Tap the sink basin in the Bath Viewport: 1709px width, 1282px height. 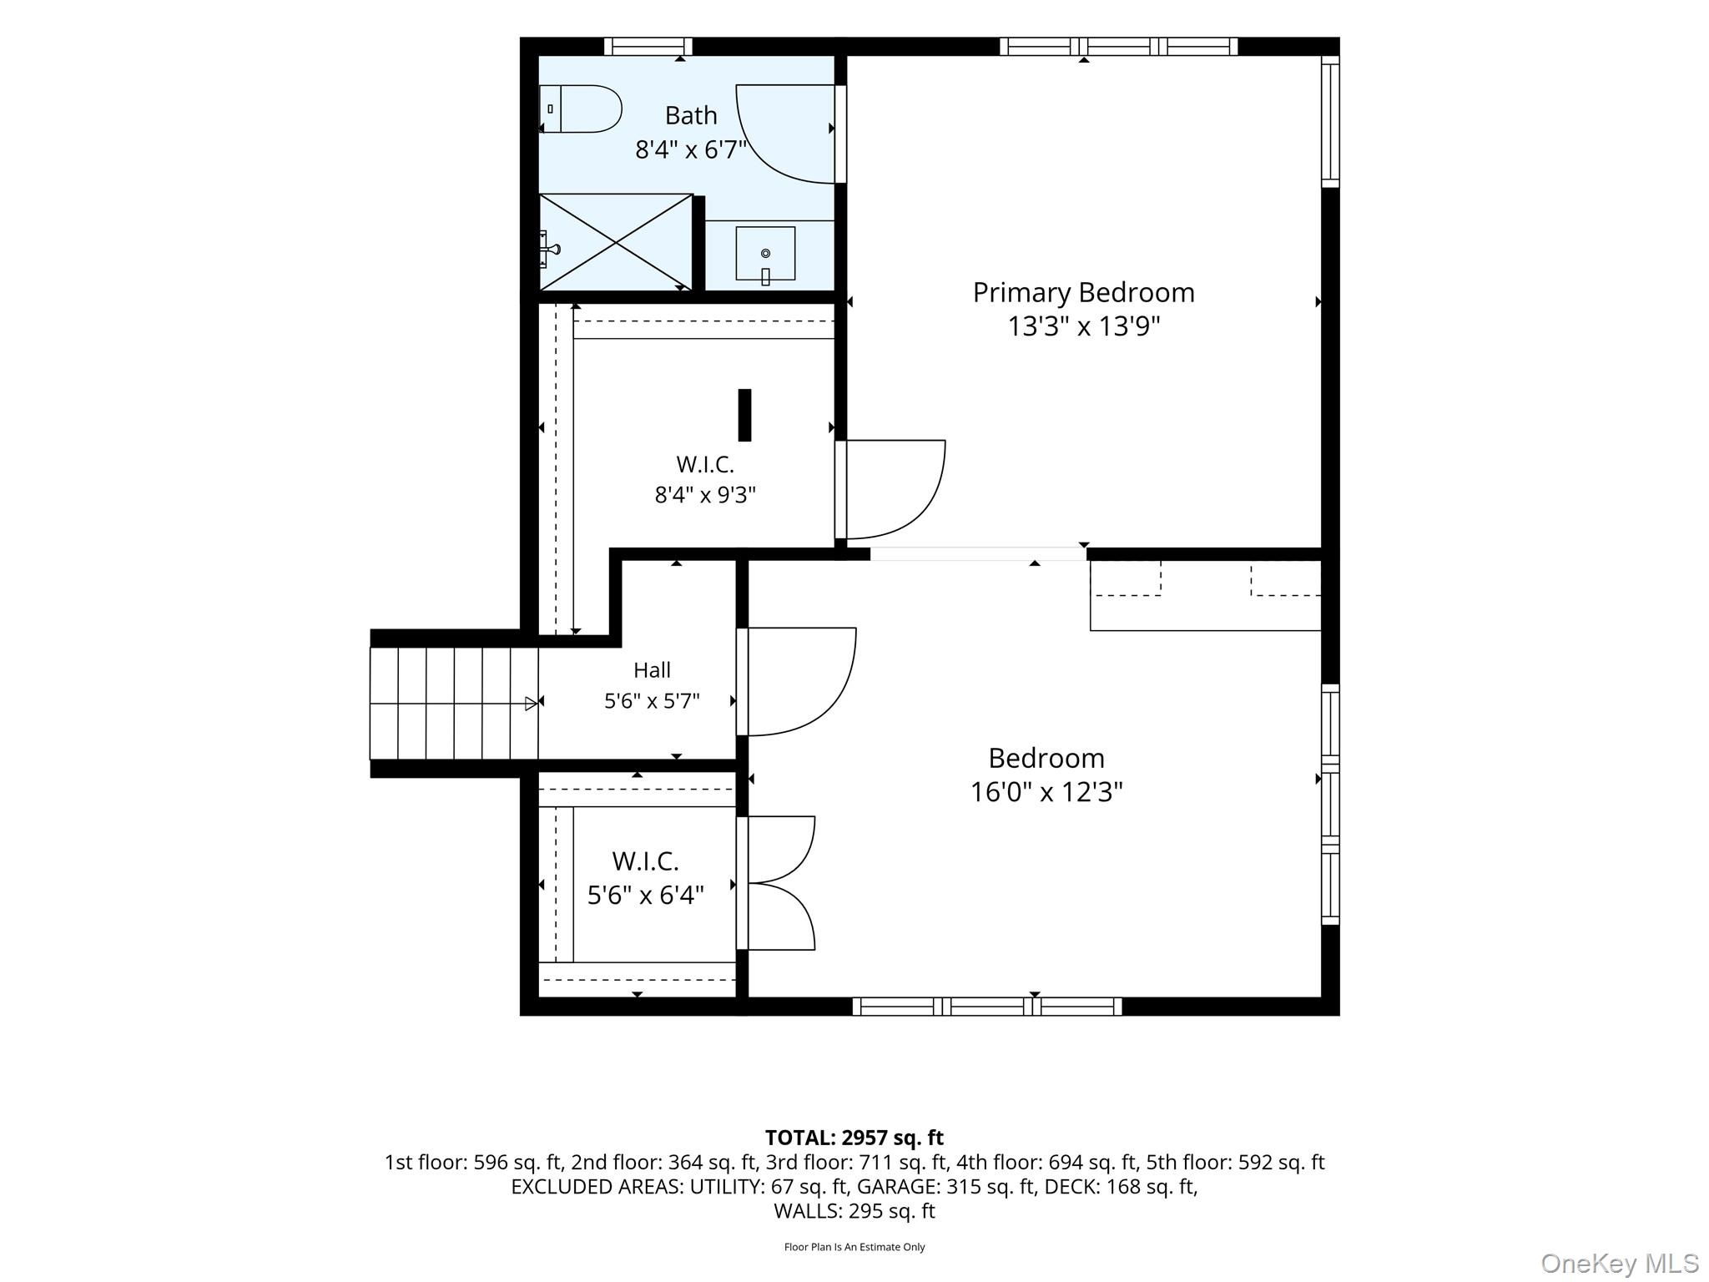(x=765, y=254)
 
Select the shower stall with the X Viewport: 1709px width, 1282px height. (x=616, y=242)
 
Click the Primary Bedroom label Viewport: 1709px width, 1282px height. (x=1083, y=293)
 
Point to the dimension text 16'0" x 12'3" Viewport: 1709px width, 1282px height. (x=1046, y=791)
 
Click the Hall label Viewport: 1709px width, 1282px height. (x=652, y=670)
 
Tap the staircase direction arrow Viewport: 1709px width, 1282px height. (x=531, y=704)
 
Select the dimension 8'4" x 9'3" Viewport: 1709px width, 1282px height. (x=705, y=495)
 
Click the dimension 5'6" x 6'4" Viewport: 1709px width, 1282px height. (x=646, y=896)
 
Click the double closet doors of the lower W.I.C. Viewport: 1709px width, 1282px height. (x=776, y=883)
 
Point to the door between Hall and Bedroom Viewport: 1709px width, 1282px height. (x=797, y=682)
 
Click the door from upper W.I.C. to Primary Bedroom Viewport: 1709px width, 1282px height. (x=891, y=490)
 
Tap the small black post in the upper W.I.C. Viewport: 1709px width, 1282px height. (x=744, y=415)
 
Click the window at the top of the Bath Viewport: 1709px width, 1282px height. (x=648, y=47)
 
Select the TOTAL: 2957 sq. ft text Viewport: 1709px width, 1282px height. (x=854, y=1138)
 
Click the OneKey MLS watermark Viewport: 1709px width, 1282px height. (x=1620, y=1264)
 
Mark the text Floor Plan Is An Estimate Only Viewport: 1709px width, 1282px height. (x=854, y=1247)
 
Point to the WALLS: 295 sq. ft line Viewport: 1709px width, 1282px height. (x=854, y=1211)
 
